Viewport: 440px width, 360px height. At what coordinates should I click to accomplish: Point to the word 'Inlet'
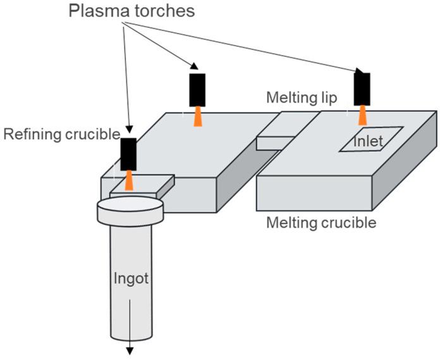coord(368,141)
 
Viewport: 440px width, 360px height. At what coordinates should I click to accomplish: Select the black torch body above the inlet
coord(362,88)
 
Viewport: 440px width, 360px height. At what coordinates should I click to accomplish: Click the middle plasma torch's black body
coord(197,90)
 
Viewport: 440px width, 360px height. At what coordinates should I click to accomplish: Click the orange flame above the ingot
coord(129,180)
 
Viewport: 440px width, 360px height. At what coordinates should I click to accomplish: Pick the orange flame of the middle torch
coord(198,116)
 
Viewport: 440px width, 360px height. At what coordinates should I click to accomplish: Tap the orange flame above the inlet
coord(363,115)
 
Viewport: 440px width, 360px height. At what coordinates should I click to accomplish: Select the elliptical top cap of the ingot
coord(129,206)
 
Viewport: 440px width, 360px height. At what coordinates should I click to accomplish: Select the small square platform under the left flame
coord(142,185)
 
